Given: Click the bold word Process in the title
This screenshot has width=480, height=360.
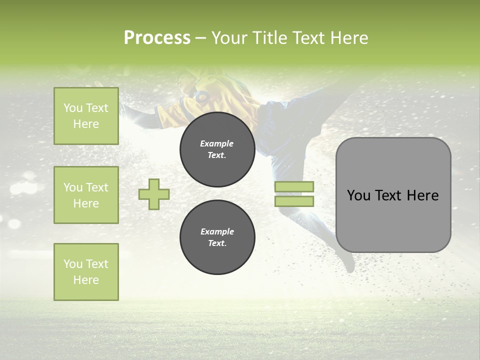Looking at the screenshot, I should [x=157, y=38].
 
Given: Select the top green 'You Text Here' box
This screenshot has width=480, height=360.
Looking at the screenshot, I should [x=86, y=116].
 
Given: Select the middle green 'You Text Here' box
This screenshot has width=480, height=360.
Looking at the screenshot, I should [x=86, y=195].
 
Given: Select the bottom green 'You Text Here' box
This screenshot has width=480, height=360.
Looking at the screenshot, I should [x=86, y=272].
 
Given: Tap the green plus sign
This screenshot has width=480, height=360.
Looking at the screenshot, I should [x=154, y=194].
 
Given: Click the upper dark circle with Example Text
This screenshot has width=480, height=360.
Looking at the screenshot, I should [x=217, y=149].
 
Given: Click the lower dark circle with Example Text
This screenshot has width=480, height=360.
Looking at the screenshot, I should [x=217, y=237].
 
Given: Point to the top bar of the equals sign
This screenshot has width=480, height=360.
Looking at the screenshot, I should [x=294, y=187].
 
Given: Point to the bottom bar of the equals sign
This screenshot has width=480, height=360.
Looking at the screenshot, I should [x=294, y=201].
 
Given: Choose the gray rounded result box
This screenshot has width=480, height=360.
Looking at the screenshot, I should [x=393, y=220].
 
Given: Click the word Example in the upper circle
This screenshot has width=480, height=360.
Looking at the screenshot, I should [x=217, y=143].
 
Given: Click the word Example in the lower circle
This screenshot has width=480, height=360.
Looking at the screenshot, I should [x=217, y=231].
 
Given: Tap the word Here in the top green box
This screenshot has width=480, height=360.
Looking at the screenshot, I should [x=86, y=124].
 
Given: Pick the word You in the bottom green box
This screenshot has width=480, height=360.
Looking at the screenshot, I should [x=73, y=264].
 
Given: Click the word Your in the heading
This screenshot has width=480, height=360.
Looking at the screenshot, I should [x=229, y=38].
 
